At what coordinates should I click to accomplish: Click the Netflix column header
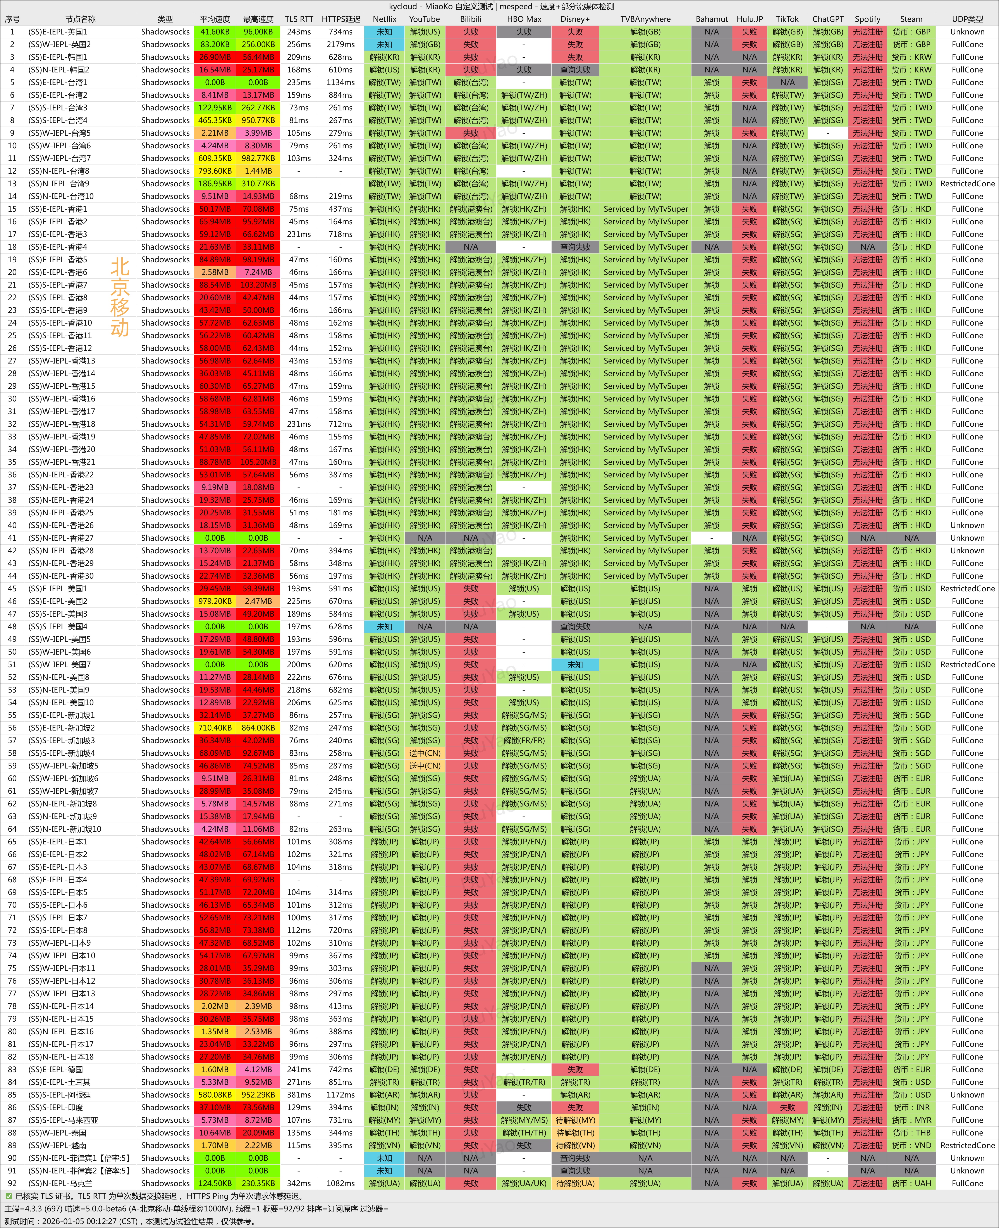[x=384, y=19]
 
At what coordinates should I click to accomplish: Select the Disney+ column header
[x=575, y=19]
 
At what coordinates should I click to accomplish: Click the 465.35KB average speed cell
[x=215, y=120]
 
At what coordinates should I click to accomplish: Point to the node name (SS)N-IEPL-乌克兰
[x=59, y=1183]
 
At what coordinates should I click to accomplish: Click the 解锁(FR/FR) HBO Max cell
[x=524, y=740]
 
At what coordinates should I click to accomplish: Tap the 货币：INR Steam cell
[x=911, y=1107]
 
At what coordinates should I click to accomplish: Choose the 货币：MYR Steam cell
[x=911, y=1120]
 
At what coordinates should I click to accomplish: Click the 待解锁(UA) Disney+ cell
[x=575, y=1183]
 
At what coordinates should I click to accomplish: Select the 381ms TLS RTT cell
[x=299, y=1094]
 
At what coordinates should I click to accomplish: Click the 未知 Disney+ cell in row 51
[x=575, y=664]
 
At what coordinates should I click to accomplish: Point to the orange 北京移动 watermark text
[x=120, y=297]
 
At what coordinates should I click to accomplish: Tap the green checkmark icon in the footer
[x=9, y=1196]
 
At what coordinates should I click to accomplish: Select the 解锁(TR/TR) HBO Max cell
[x=524, y=1082]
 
